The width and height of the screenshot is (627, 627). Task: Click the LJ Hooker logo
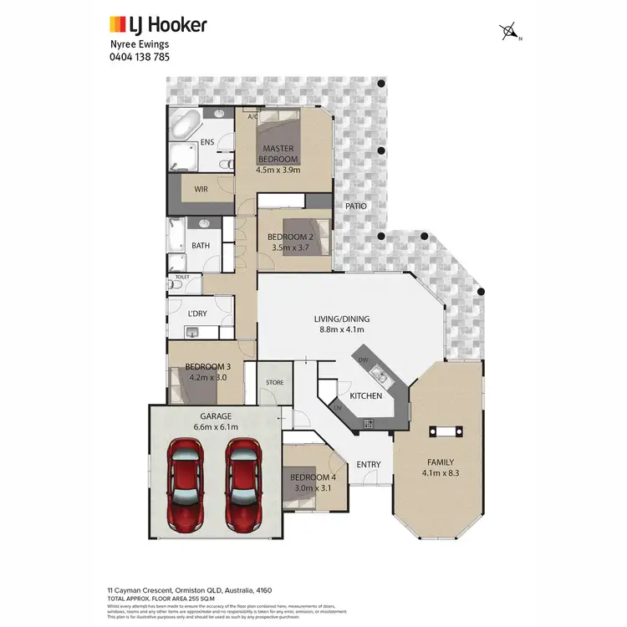(x=158, y=25)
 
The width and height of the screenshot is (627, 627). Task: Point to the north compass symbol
(x=509, y=33)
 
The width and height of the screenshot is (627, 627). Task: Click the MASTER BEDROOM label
(x=277, y=154)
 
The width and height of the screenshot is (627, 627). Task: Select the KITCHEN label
(x=365, y=395)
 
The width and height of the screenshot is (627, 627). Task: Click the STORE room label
(x=274, y=383)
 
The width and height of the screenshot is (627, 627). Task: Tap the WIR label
(x=201, y=189)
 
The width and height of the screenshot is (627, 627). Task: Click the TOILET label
(x=182, y=275)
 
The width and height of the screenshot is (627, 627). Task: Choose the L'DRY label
(x=197, y=313)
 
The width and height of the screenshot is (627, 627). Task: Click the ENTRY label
(x=369, y=465)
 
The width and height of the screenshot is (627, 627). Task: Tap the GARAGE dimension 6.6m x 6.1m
(x=216, y=427)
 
